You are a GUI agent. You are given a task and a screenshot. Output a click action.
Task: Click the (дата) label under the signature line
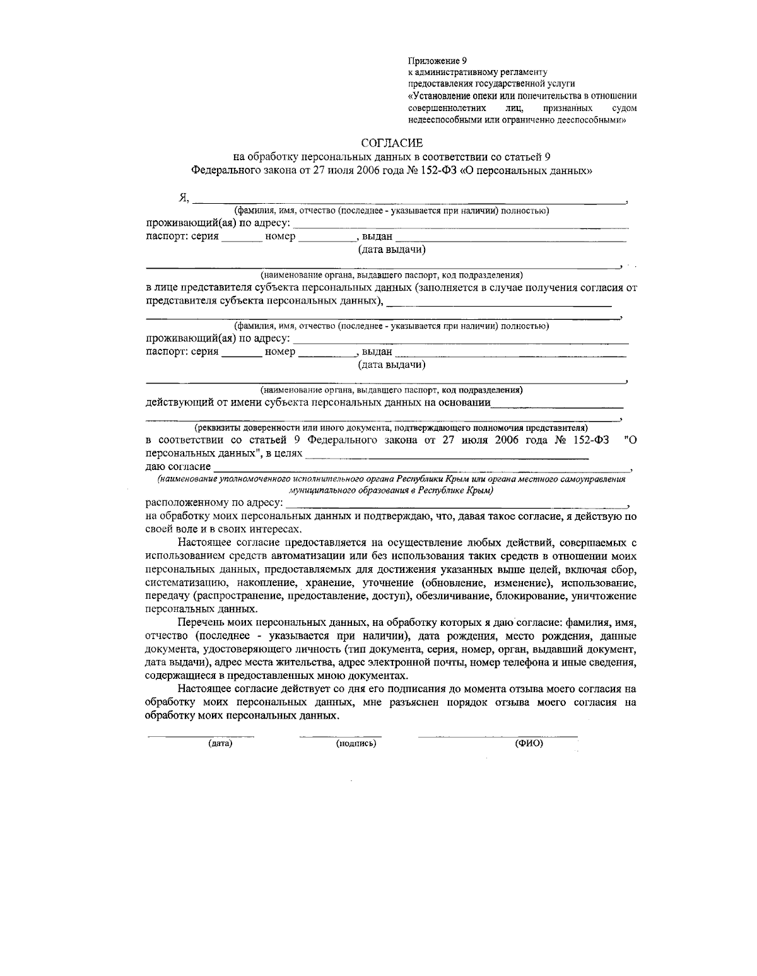(220, 744)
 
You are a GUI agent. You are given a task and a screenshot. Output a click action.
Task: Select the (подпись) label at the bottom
(356, 744)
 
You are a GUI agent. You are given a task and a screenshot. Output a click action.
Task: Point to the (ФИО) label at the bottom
(529, 744)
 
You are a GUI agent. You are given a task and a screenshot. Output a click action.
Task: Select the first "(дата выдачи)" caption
(392, 250)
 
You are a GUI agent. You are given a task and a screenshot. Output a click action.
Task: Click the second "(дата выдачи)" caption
(392, 365)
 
